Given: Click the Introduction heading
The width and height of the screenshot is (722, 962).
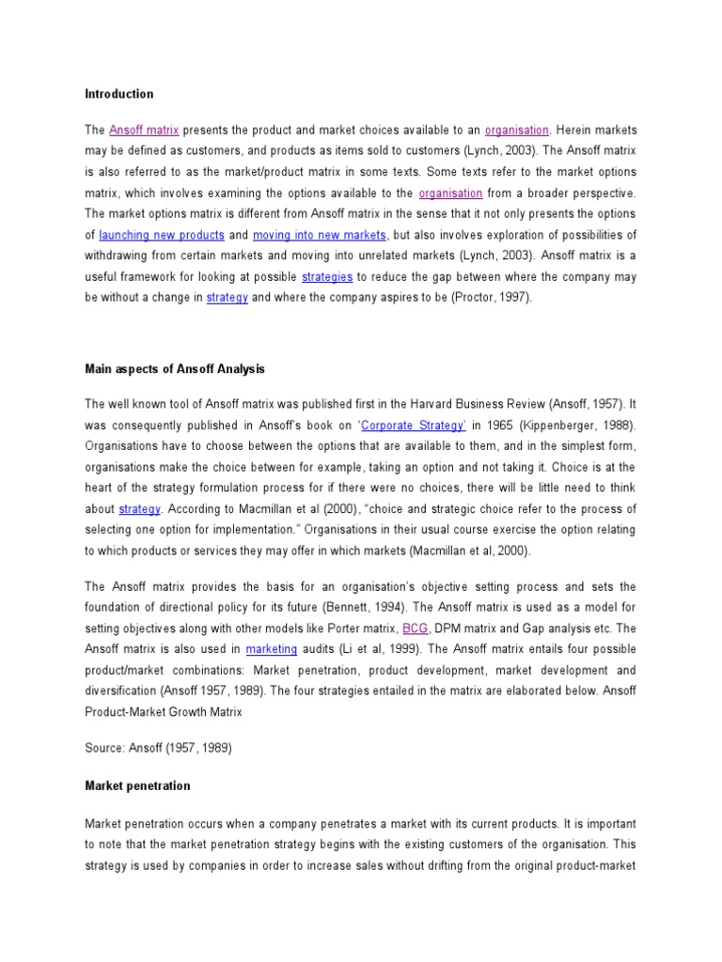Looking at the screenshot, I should (x=119, y=94).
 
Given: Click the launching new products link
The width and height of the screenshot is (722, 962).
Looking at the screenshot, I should (x=162, y=235).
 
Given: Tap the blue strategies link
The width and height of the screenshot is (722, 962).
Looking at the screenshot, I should (x=327, y=277).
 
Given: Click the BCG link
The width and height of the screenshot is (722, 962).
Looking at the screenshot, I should (x=415, y=628).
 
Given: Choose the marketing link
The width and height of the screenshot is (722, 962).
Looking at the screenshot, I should (x=272, y=649).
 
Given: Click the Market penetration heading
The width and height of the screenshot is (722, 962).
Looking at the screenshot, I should (x=137, y=785).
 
